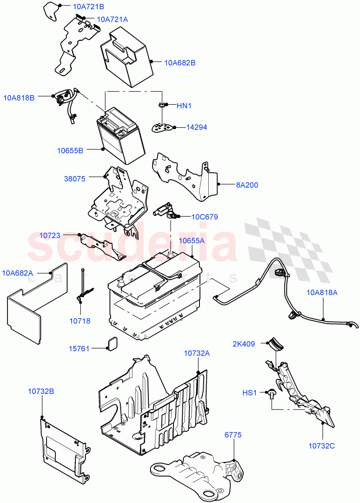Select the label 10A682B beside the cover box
point(180,63)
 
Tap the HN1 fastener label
point(184,106)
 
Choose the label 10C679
point(205,217)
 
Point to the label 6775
point(233,435)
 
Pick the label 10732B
point(41,392)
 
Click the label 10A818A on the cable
point(322,293)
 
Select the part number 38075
point(75,179)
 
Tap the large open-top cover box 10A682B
point(126,54)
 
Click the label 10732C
point(321,446)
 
